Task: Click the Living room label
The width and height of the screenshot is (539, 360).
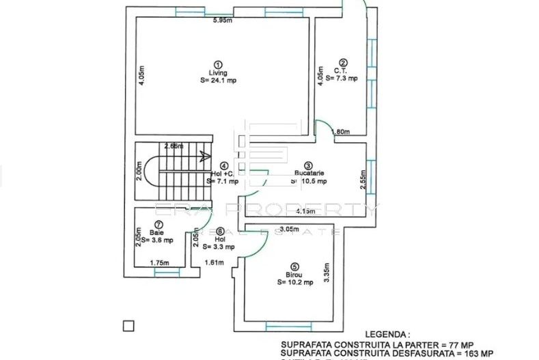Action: [218, 73]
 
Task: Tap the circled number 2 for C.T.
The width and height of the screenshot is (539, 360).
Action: [344, 62]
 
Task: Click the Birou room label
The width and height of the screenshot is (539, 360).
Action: [294, 275]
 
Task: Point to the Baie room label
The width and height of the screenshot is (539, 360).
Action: [156, 232]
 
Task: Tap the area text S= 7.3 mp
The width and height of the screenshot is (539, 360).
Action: [342, 79]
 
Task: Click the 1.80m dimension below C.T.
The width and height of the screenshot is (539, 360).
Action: [340, 132]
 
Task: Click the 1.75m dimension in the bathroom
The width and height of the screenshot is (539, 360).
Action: [158, 262]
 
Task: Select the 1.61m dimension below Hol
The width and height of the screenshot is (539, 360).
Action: [214, 262]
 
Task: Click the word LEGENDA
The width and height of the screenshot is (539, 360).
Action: [387, 335]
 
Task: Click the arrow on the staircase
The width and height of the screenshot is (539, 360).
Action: [204, 156]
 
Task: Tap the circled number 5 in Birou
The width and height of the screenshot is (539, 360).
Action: [294, 267]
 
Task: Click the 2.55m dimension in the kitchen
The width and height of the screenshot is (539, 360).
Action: [363, 179]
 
